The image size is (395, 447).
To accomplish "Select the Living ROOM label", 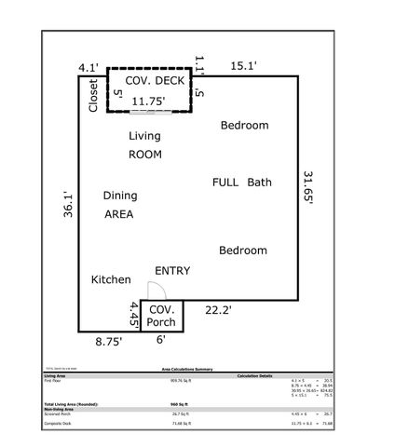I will coord(144,144).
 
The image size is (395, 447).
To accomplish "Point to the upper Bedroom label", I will coord(244,126).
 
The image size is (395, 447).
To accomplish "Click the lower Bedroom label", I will coord(242,251).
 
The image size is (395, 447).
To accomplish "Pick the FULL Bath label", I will coord(241,183).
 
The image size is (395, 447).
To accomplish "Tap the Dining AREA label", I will coord(119,205).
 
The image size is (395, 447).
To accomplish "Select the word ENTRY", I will coord(172,271).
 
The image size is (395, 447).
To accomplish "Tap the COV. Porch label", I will coord(162,316).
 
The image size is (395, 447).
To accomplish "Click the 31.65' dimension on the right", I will coord(307,186).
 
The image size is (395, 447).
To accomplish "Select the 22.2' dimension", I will coord(218,310).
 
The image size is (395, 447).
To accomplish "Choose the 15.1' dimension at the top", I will coord(243,65).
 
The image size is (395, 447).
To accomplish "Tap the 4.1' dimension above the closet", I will coord(89,67).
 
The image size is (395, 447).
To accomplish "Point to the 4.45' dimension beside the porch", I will coord(134,316).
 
